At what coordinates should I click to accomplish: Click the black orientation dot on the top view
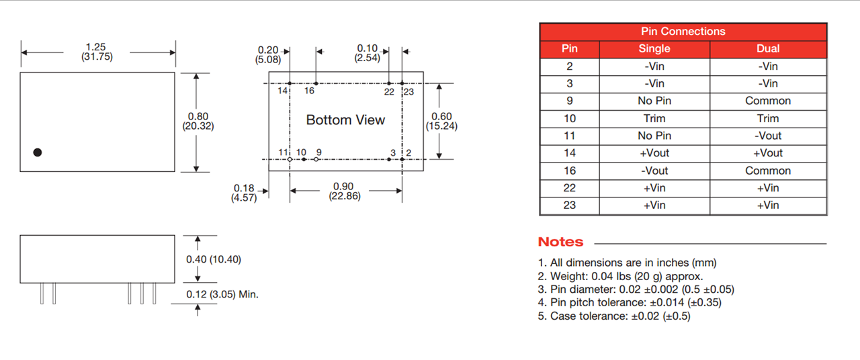(37, 152)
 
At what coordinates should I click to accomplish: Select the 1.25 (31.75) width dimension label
(96, 52)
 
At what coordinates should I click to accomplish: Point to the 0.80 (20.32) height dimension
(198, 121)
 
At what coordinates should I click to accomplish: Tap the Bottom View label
(345, 120)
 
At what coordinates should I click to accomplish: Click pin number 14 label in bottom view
(283, 91)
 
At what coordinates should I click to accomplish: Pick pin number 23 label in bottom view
(408, 92)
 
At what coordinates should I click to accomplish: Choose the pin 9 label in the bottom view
(318, 152)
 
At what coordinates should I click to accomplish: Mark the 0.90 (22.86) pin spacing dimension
(345, 191)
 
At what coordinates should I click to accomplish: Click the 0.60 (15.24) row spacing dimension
(441, 121)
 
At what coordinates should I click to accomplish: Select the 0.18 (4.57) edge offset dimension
(244, 193)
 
